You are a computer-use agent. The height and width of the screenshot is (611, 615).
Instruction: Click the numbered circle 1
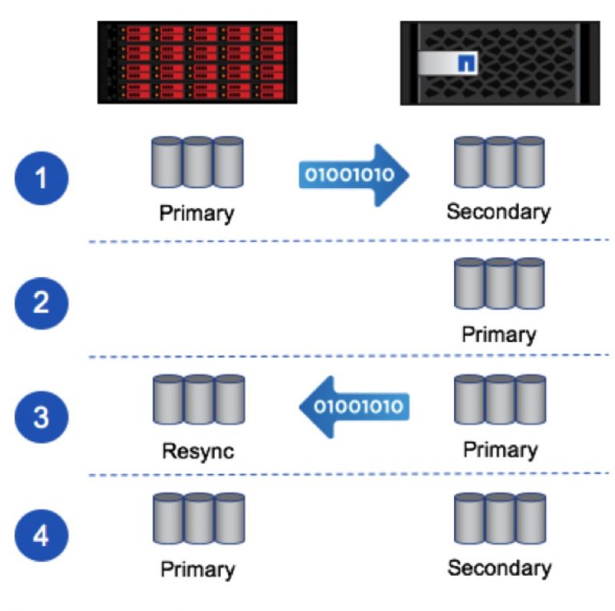[42, 177]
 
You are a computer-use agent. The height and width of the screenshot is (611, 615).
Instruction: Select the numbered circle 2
[42, 302]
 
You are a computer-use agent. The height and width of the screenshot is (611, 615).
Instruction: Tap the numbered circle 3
[42, 416]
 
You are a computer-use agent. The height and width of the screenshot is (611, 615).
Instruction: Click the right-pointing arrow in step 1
[353, 174]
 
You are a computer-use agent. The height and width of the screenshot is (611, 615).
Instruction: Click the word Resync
[198, 450]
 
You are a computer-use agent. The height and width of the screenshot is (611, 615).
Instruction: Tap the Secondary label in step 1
[498, 211]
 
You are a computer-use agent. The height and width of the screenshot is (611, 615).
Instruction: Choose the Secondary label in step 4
[499, 568]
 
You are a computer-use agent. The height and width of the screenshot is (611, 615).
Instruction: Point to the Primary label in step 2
[498, 334]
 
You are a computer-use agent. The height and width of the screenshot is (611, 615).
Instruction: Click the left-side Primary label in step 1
[197, 213]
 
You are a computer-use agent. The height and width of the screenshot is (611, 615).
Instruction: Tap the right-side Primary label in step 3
[499, 448]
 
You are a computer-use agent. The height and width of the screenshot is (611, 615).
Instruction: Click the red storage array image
[197, 63]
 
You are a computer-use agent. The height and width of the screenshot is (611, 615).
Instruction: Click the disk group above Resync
[198, 400]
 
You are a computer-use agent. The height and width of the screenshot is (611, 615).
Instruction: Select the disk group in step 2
[498, 283]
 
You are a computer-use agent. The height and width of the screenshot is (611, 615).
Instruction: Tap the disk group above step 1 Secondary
[498, 163]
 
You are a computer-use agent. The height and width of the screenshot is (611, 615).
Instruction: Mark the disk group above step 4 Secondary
[498, 520]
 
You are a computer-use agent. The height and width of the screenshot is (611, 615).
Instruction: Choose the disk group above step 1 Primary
[197, 163]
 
